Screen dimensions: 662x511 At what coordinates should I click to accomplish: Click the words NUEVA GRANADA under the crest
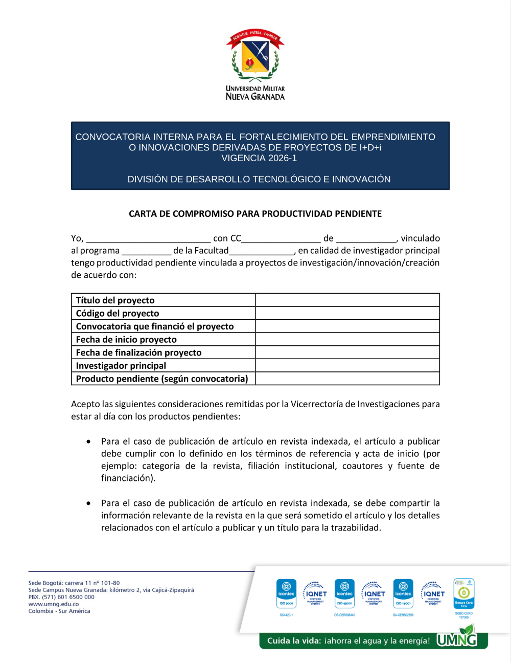coord(255,97)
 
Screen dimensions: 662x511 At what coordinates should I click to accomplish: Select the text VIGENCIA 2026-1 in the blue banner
coord(259,158)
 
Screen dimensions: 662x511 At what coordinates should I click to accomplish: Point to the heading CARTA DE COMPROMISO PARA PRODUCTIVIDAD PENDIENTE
coord(255,214)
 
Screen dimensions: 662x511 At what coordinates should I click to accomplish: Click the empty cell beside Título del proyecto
coord(347,300)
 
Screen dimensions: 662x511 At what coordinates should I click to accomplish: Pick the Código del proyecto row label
coord(118,314)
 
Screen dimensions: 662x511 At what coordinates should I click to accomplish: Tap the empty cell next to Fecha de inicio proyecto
coord(347,340)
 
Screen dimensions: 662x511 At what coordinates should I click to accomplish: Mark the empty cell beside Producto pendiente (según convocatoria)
coord(347,379)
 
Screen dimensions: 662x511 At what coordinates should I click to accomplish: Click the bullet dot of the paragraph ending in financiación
coord(89,442)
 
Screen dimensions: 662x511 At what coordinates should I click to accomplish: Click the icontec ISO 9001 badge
coord(286,593)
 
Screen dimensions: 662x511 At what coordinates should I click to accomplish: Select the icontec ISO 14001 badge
coord(403,593)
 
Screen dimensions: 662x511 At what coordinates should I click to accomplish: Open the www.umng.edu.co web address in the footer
coord(54,604)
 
